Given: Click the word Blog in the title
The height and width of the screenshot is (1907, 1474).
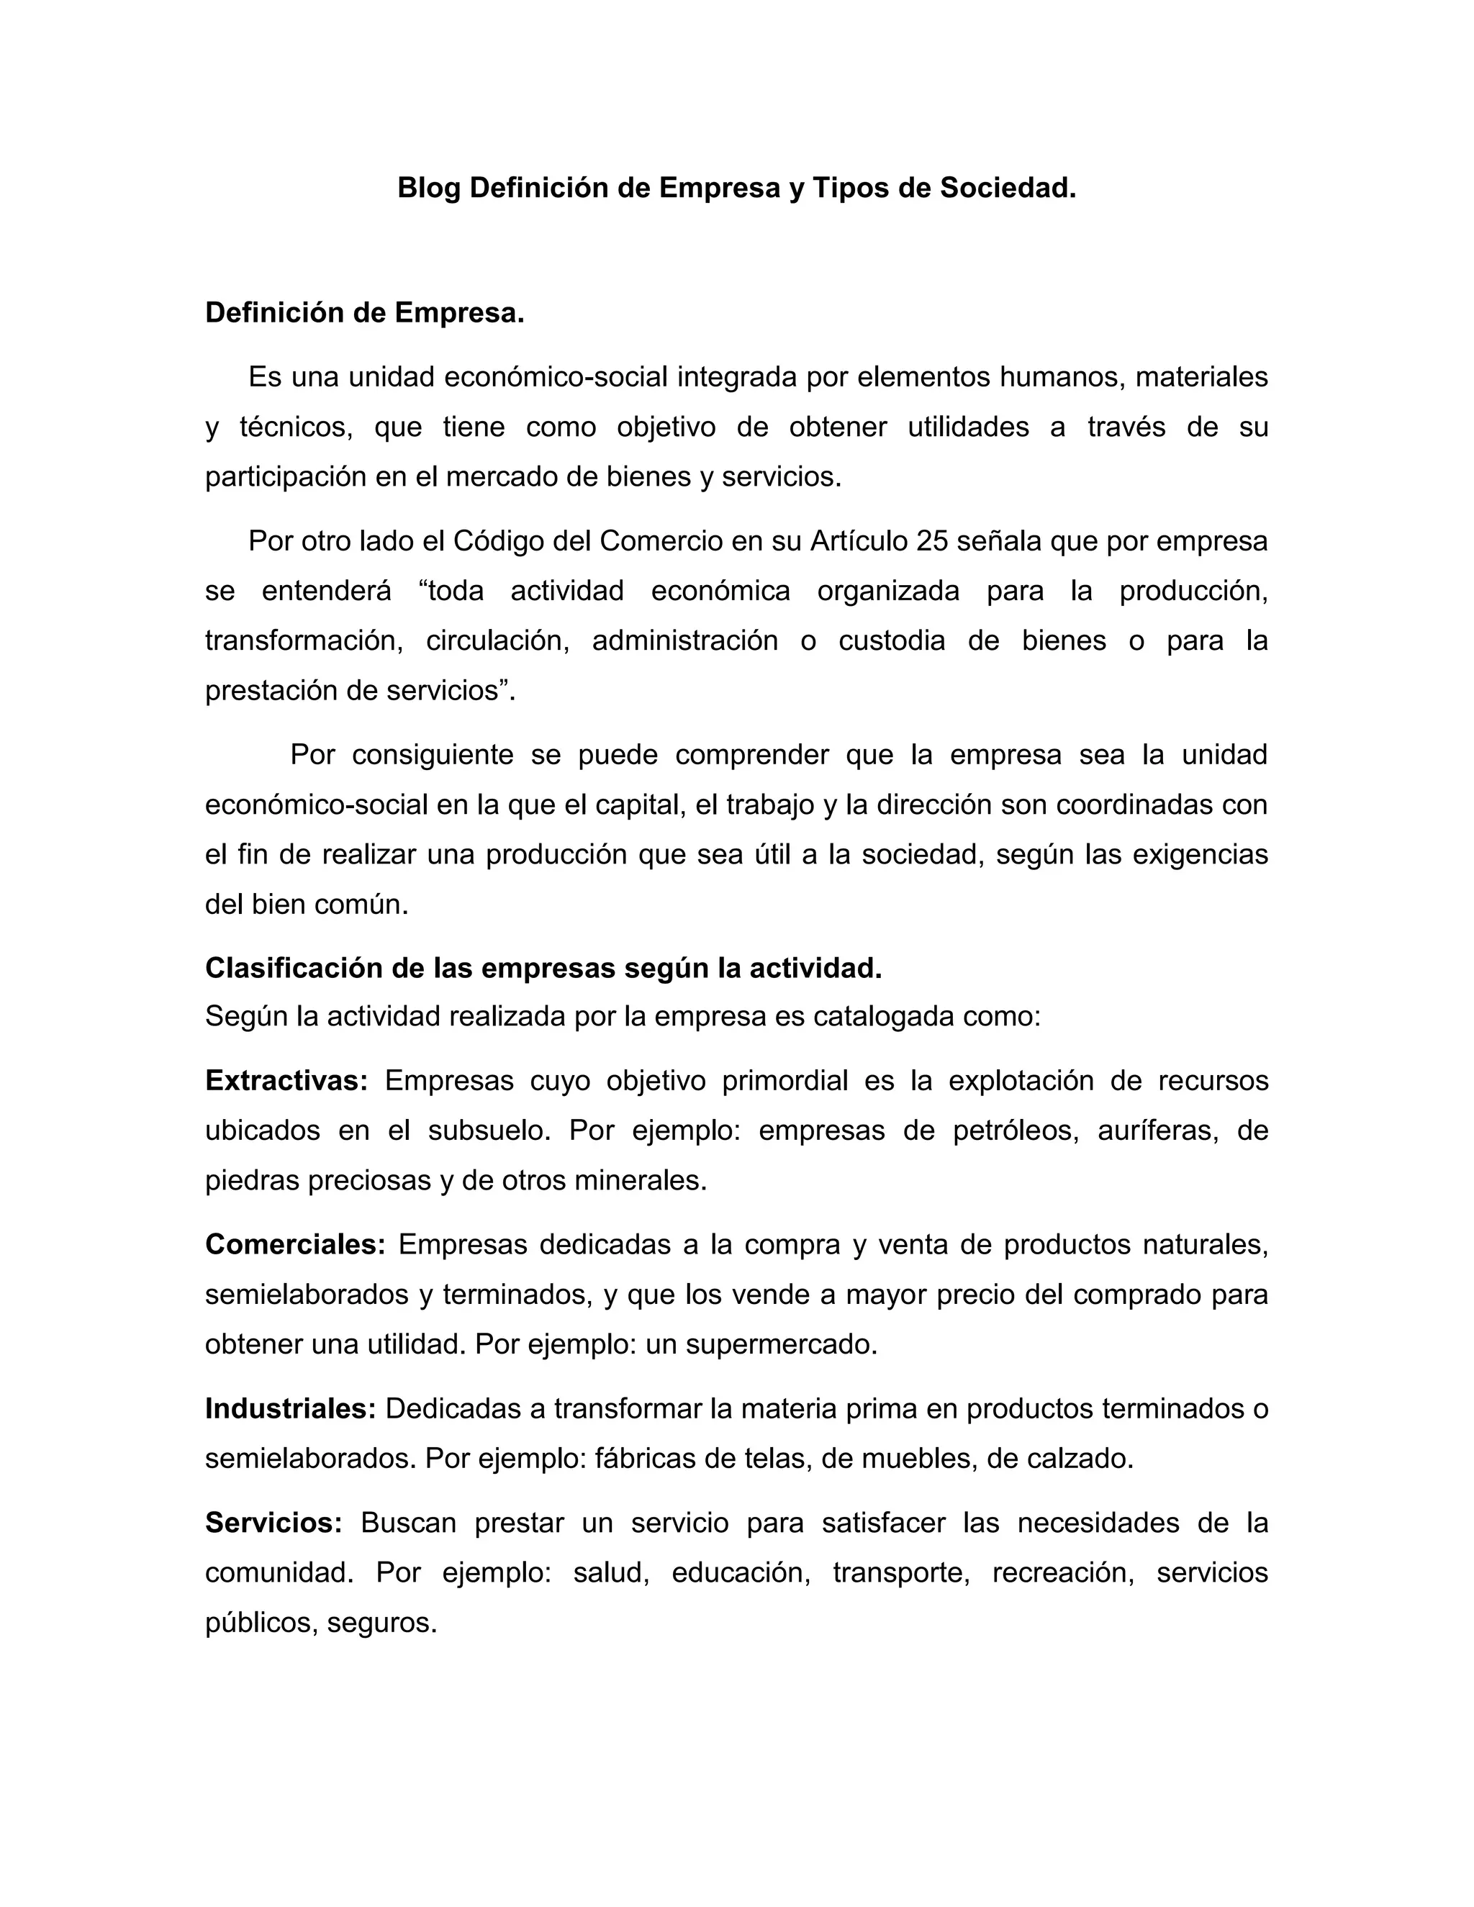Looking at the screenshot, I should click(429, 188).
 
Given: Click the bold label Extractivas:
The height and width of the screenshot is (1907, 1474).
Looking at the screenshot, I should click(286, 1081).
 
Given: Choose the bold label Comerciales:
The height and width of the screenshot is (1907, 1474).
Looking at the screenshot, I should click(295, 1244).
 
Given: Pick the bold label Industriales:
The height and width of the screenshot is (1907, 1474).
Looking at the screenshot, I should click(290, 1408).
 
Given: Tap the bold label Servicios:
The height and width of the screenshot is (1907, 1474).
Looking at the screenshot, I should click(273, 1523).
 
